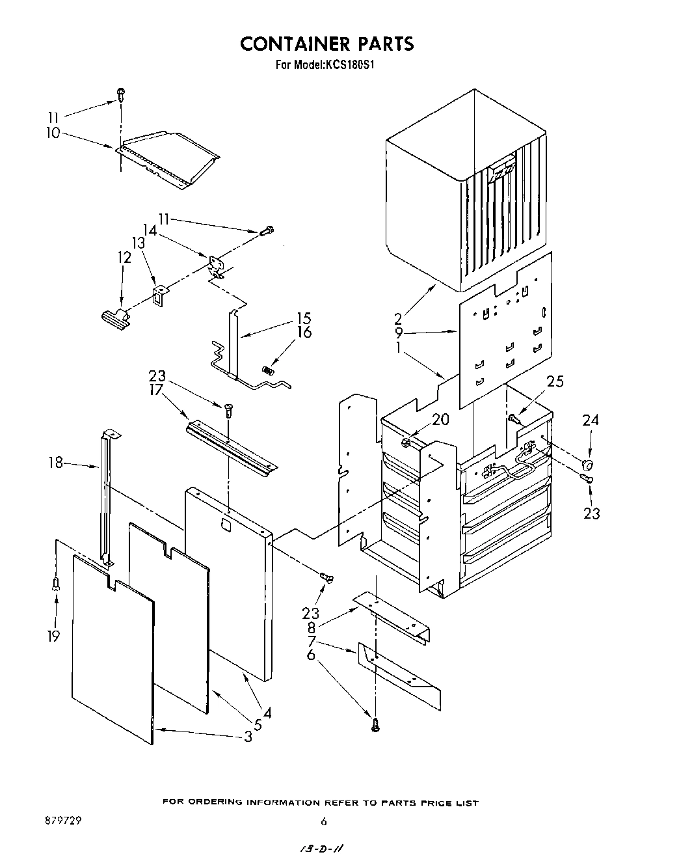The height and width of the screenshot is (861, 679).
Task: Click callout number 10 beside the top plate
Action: point(53,133)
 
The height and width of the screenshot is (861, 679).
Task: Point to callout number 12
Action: point(124,257)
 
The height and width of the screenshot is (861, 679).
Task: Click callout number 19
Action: point(54,636)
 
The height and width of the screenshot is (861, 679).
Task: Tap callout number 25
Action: point(555,382)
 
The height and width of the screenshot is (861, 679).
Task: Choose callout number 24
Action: point(590,420)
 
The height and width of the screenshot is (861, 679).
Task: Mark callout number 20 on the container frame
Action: point(440,420)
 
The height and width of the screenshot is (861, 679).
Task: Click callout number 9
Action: point(399,333)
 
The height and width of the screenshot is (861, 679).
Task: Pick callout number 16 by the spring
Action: point(304,333)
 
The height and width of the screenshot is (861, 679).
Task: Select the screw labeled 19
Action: point(57,584)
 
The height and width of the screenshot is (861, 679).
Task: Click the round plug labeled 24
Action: point(587,464)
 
